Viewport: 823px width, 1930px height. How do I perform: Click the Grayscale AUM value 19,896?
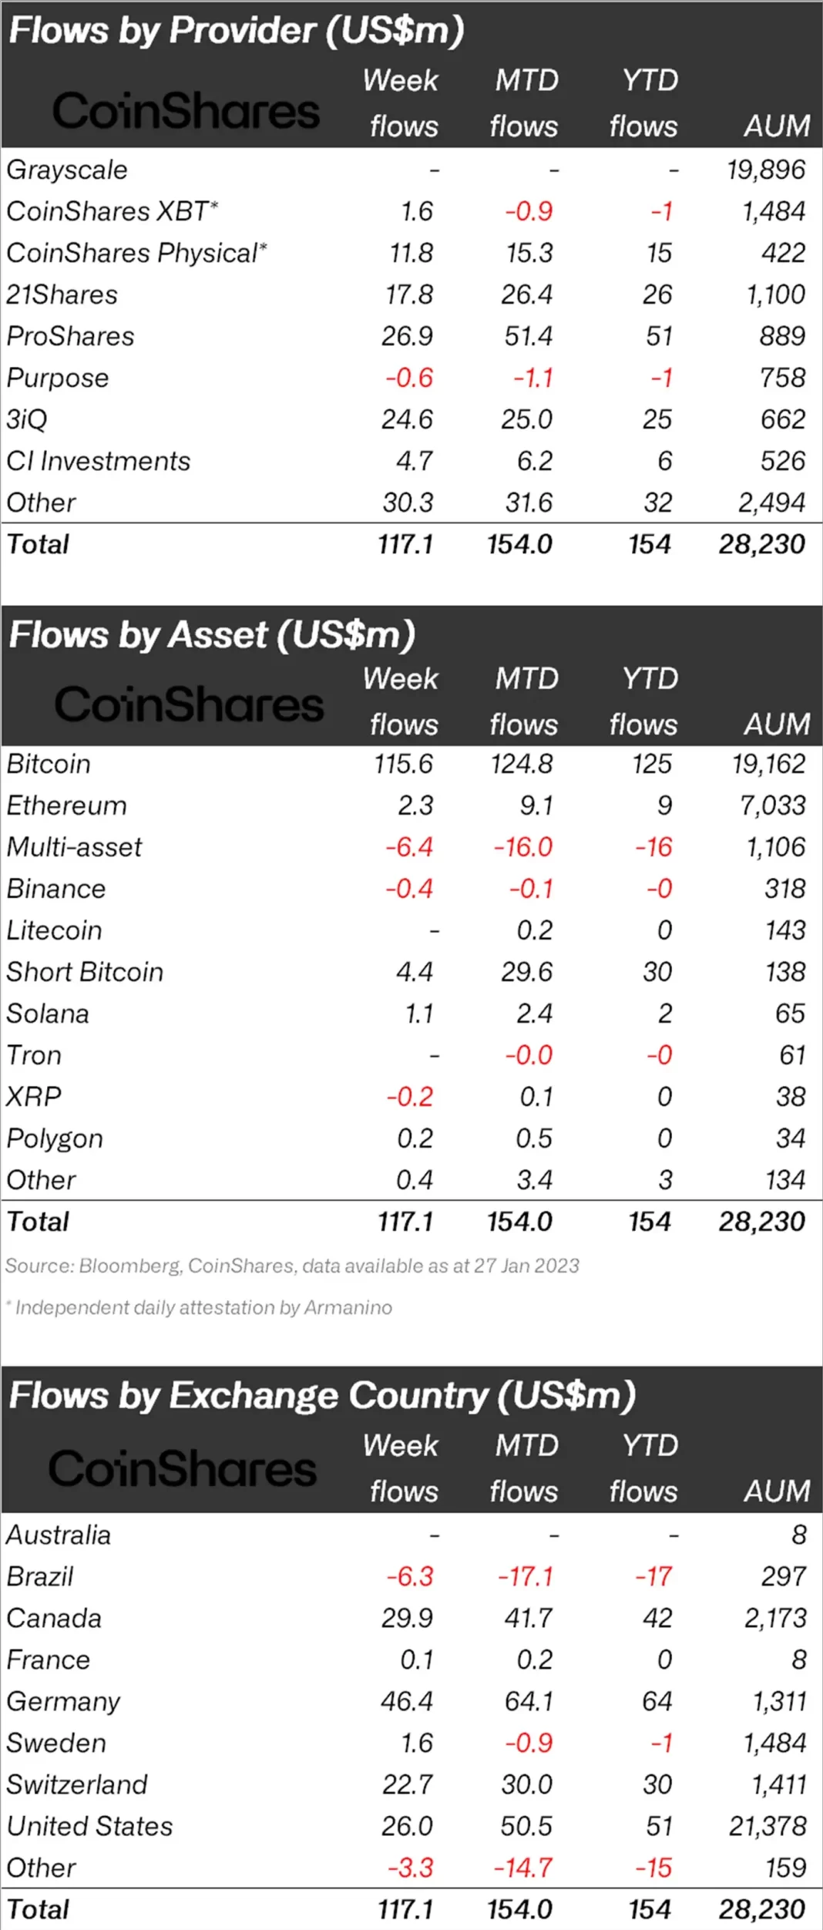click(766, 170)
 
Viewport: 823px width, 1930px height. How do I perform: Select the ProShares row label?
click(70, 336)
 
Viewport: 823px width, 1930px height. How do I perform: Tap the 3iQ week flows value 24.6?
click(407, 419)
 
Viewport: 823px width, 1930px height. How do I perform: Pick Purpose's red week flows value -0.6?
click(409, 378)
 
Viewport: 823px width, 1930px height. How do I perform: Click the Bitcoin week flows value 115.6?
click(403, 764)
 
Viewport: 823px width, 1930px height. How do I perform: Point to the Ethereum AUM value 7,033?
click(772, 805)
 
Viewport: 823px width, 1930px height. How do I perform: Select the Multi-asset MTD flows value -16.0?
click(523, 847)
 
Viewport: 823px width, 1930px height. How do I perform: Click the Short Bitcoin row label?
click(85, 972)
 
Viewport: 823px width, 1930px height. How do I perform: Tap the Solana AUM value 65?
click(790, 1014)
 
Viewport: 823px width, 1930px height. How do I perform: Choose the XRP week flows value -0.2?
click(410, 1097)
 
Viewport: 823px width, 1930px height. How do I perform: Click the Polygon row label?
click(55, 1138)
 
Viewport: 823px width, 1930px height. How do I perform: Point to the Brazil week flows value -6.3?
click(410, 1576)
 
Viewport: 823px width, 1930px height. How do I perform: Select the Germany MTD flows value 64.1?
click(529, 1701)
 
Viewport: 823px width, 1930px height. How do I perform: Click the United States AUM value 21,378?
click(768, 1826)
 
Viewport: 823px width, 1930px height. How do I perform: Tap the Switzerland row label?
click(77, 1784)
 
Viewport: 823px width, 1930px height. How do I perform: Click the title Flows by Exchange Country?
click(322, 1395)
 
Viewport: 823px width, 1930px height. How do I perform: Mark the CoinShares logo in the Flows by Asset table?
click(189, 704)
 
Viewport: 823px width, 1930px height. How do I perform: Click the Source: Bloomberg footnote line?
click(292, 1266)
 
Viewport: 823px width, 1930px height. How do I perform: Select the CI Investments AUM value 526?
click(782, 461)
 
